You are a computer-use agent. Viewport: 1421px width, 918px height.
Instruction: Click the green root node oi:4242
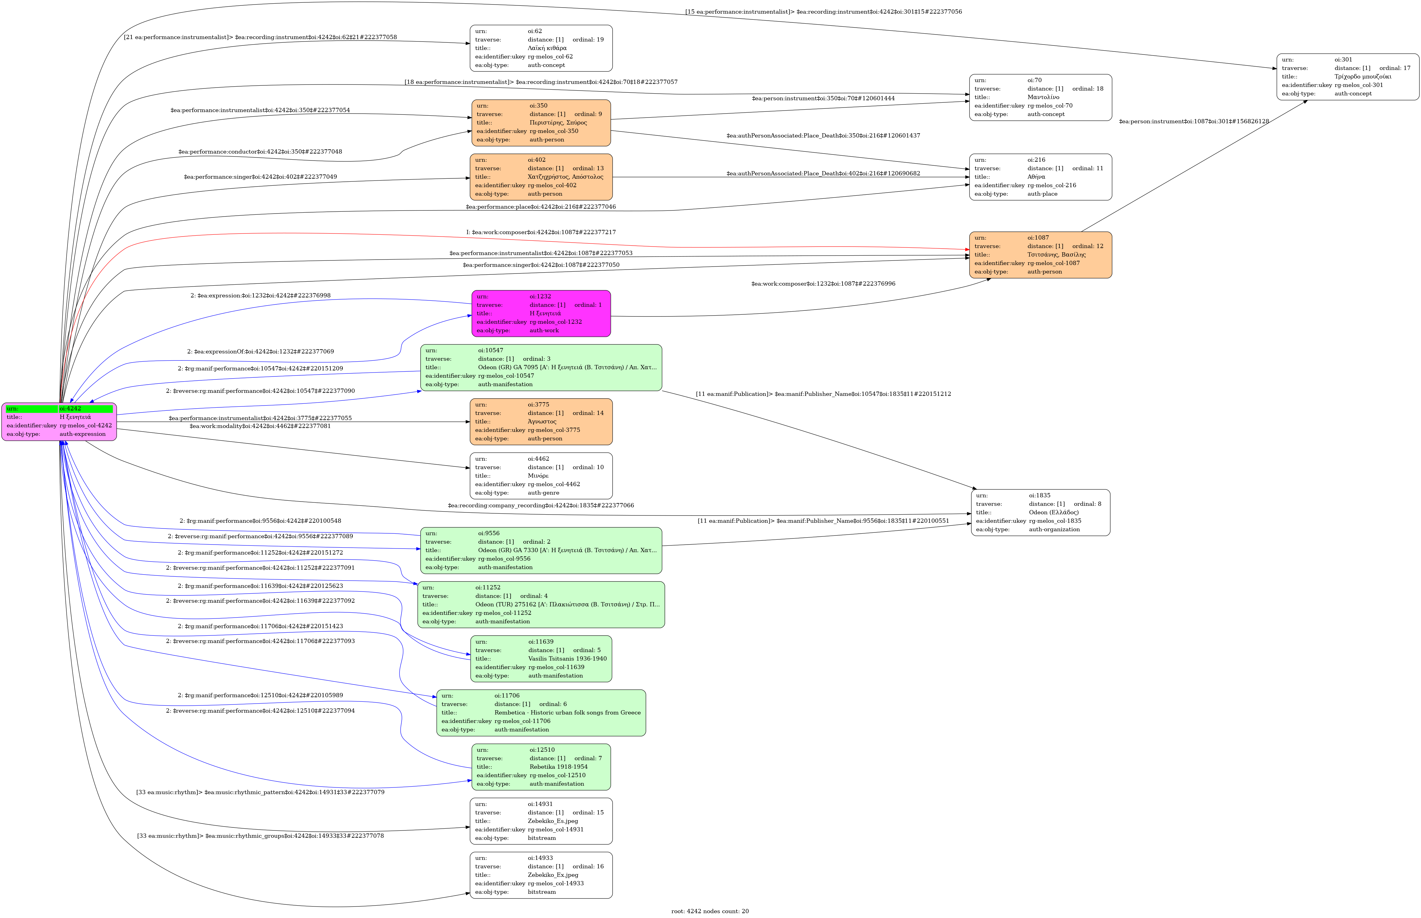(59, 422)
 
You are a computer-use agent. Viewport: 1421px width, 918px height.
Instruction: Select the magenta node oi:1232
(541, 313)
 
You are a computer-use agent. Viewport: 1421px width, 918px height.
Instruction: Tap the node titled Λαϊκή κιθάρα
(541, 48)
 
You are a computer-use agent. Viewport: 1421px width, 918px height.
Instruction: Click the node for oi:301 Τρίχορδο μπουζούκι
(1347, 77)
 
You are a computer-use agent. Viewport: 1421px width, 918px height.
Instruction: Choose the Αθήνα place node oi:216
(1040, 177)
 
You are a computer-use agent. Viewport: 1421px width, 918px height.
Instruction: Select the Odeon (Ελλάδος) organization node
(1040, 513)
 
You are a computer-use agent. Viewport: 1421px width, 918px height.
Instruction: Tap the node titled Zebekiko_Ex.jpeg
(541, 875)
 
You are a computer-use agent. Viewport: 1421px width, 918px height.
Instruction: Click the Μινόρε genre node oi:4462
(541, 476)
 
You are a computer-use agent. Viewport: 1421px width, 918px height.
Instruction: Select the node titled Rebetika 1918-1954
(541, 767)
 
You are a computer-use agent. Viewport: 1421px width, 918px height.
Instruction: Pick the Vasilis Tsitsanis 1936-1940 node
(541, 659)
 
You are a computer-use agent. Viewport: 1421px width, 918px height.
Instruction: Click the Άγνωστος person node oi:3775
(541, 422)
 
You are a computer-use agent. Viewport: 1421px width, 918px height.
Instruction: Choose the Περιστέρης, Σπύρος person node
(541, 123)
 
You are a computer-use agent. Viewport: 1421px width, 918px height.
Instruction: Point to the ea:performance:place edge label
(541, 207)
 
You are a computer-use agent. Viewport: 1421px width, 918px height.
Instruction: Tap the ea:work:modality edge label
(260, 426)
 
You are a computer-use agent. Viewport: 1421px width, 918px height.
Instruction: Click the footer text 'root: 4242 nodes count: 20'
(710, 911)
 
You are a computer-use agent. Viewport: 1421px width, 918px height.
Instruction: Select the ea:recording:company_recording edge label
(541, 505)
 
